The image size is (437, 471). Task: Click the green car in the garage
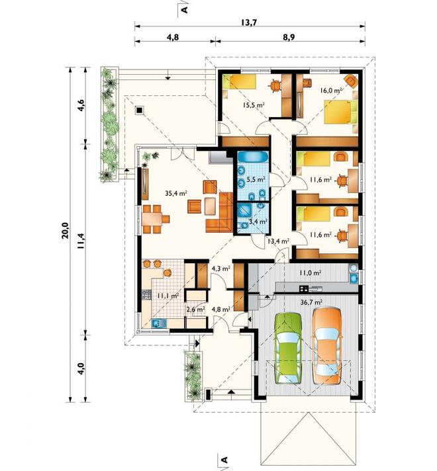(x=288, y=348)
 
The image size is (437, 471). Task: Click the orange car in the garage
(x=326, y=345)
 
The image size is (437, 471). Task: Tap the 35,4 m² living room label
(x=176, y=193)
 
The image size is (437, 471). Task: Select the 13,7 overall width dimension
(x=249, y=22)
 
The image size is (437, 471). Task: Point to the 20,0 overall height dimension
(x=65, y=230)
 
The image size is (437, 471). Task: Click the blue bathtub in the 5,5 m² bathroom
(x=252, y=157)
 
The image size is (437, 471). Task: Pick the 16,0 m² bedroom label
(x=331, y=90)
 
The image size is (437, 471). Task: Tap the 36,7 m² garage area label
(x=311, y=302)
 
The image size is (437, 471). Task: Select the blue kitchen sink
(x=160, y=323)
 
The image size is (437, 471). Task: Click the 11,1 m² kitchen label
(x=168, y=296)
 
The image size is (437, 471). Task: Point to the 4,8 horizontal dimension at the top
(x=173, y=37)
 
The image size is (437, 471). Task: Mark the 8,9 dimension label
(x=289, y=37)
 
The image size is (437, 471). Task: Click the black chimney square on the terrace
(x=139, y=110)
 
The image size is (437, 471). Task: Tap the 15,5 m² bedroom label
(x=254, y=105)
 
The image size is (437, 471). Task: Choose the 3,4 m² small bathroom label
(x=258, y=222)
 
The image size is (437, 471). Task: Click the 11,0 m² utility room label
(x=310, y=273)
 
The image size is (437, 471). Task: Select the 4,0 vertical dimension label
(x=81, y=368)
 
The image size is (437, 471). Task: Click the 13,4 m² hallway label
(x=279, y=240)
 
